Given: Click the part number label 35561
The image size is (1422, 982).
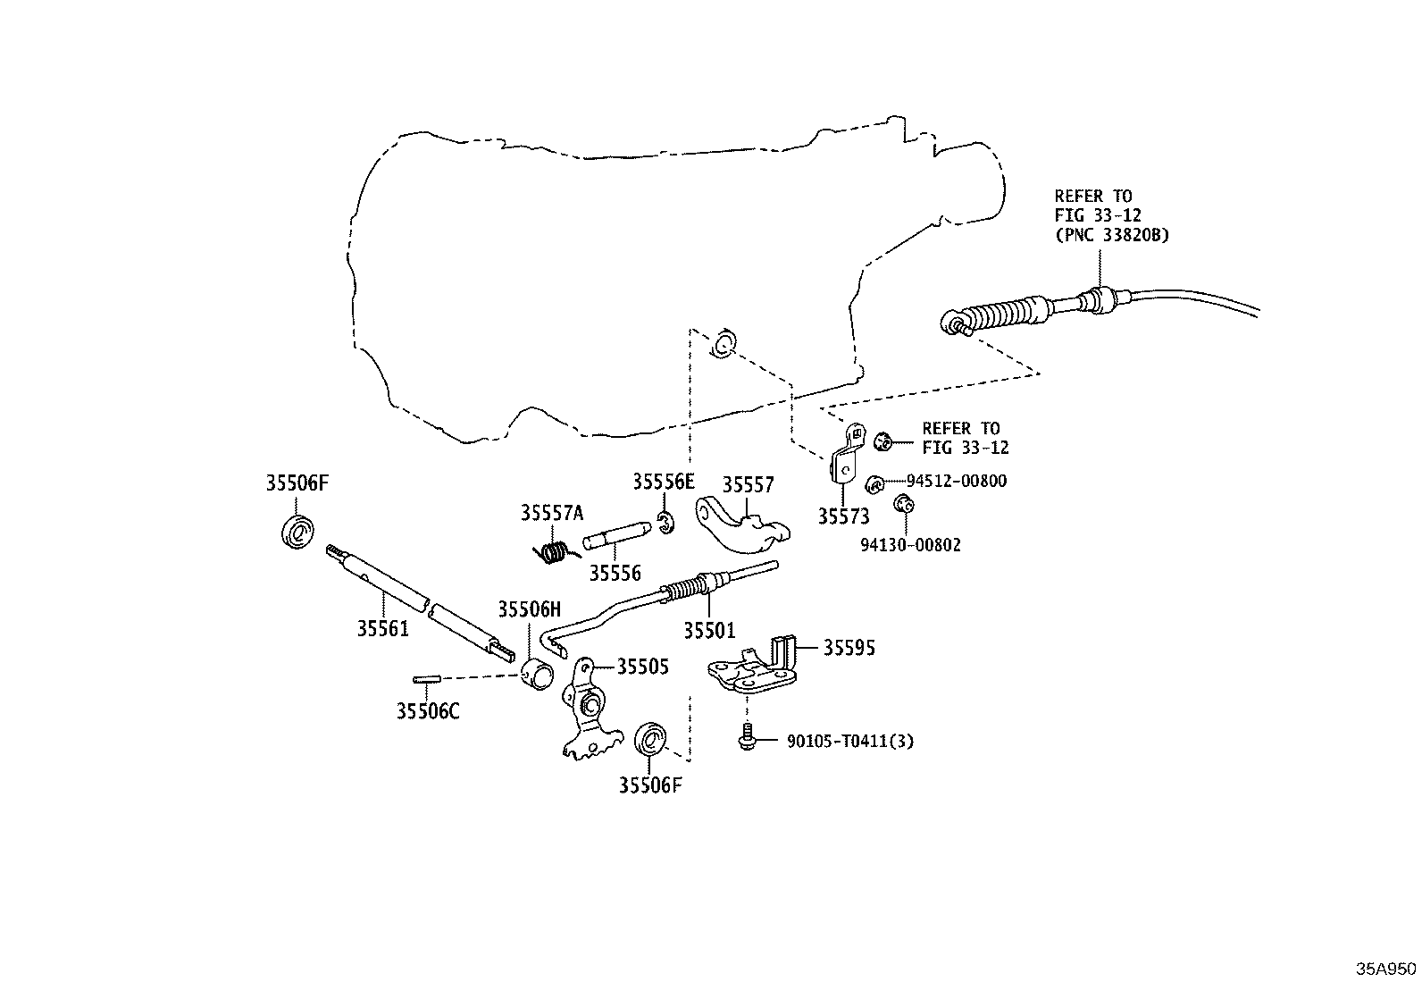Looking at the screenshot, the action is click(383, 629).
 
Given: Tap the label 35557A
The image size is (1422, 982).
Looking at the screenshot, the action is click(552, 513).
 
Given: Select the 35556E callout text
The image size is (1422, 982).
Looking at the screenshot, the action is click(664, 482).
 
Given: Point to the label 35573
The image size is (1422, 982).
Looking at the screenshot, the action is click(843, 516).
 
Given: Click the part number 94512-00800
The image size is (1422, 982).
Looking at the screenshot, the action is click(957, 481).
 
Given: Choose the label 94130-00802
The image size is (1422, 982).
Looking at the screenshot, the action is click(910, 545).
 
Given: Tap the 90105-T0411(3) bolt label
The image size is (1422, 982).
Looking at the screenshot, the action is click(850, 742).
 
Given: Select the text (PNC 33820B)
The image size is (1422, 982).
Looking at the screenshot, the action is click(1111, 235).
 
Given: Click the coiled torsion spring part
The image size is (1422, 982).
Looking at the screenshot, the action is click(556, 552).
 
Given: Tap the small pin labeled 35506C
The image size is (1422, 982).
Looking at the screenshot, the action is click(426, 680).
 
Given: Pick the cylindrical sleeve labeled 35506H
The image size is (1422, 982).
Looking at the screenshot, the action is click(537, 675).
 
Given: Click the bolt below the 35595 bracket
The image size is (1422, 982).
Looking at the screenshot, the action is click(748, 737).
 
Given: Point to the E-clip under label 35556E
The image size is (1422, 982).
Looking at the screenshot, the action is click(666, 523).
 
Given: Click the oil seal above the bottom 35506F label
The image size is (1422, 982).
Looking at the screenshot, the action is click(650, 739).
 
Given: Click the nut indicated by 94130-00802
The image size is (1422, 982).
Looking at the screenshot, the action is click(903, 505).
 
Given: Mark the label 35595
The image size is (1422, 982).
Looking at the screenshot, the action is click(849, 648).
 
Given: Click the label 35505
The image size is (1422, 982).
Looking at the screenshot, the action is click(643, 667).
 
